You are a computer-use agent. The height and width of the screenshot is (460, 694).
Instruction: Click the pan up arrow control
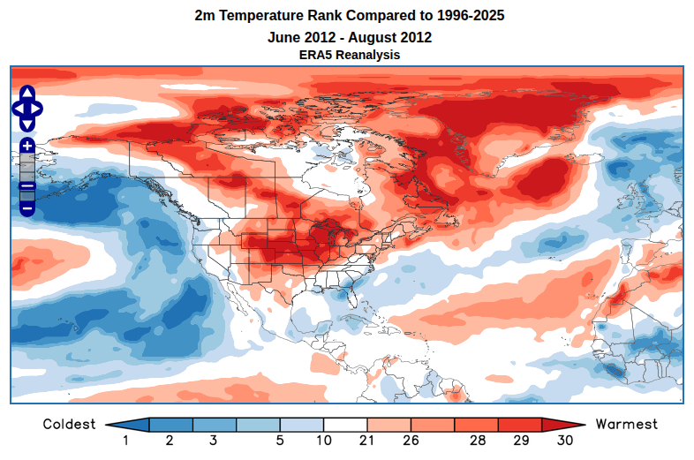click(x=26, y=93)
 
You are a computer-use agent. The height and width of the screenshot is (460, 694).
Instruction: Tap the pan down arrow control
click(x=26, y=124)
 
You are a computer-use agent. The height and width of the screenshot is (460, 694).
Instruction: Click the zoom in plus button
click(x=26, y=145)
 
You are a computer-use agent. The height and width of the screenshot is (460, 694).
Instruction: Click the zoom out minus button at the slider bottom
click(x=26, y=208)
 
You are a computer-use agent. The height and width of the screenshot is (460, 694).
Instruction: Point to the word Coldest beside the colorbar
click(x=69, y=425)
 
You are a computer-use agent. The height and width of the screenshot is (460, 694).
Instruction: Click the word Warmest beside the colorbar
click(x=627, y=425)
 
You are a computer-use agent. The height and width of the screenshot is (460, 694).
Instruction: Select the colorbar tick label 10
click(x=323, y=441)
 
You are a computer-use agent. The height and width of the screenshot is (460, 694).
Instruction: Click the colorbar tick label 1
click(x=126, y=441)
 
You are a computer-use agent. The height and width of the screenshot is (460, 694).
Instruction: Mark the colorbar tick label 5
click(x=280, y=441)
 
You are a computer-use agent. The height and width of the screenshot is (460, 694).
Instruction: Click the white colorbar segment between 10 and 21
click(x=345, y=425)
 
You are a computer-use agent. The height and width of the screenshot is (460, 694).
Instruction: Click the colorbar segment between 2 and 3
click(x=192, y=425)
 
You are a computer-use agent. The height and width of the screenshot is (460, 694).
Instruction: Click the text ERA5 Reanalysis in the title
click(x=350, y=55)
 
